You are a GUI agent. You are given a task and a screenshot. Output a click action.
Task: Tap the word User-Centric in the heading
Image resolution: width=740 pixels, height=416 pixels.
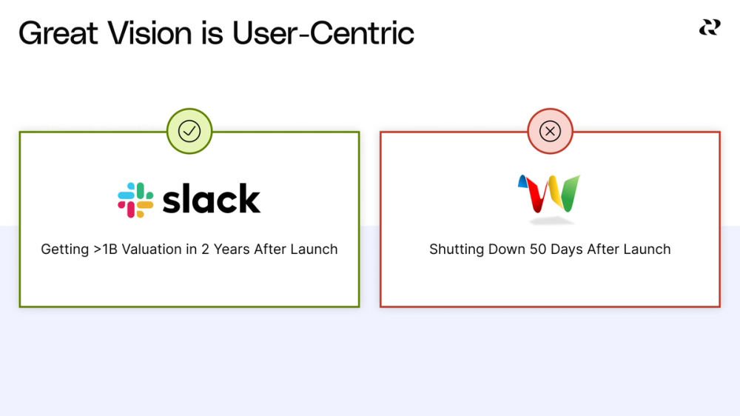[x=323, y=33]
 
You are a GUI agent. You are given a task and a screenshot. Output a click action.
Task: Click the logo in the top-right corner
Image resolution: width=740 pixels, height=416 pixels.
[x=709, y=27]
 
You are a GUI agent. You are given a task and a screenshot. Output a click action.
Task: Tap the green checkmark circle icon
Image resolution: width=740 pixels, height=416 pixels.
[x=189, y=131]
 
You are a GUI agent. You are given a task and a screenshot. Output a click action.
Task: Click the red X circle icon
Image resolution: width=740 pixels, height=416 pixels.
[x=550, y=131]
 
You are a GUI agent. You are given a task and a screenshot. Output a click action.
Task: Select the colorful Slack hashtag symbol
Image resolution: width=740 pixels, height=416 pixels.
[x=135, y=200]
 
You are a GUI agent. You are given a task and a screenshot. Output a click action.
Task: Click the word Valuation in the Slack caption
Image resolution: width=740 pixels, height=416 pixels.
[x=152, y=249]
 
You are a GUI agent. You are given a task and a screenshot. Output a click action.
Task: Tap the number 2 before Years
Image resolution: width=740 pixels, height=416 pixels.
[x=205, y=249]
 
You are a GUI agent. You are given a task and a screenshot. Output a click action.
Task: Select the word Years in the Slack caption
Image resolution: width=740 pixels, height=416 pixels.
[x=232, y=249]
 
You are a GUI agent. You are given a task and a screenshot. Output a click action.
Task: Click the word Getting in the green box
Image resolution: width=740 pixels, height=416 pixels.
[x=64, y=249]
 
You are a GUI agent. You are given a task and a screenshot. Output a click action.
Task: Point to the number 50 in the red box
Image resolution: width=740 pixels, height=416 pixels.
[x=538, y=249]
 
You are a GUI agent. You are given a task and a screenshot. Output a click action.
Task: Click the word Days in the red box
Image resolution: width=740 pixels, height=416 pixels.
[x=567, y=249]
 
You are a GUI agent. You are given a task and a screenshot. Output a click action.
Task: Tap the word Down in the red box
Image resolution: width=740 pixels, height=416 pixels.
[x=504, y=249]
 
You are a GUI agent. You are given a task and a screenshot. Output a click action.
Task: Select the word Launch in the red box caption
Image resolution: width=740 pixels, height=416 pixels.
[x=647, y=249]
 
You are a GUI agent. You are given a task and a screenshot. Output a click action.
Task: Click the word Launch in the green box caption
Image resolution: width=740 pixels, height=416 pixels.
[x=314, y=249]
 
